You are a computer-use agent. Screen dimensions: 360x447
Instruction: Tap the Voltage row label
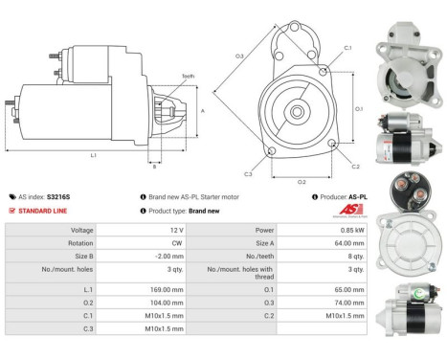[80, 231]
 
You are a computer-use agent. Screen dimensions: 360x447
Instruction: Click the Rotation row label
[79, 244]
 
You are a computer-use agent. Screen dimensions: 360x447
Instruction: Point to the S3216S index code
[59, 196]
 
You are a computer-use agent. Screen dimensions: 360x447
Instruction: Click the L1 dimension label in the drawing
[93, 155]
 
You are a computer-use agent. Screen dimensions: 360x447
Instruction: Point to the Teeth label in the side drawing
[188, 77]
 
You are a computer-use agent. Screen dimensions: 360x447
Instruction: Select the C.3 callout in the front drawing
[248, 174]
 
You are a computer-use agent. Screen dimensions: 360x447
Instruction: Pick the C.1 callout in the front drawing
[346, 47]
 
